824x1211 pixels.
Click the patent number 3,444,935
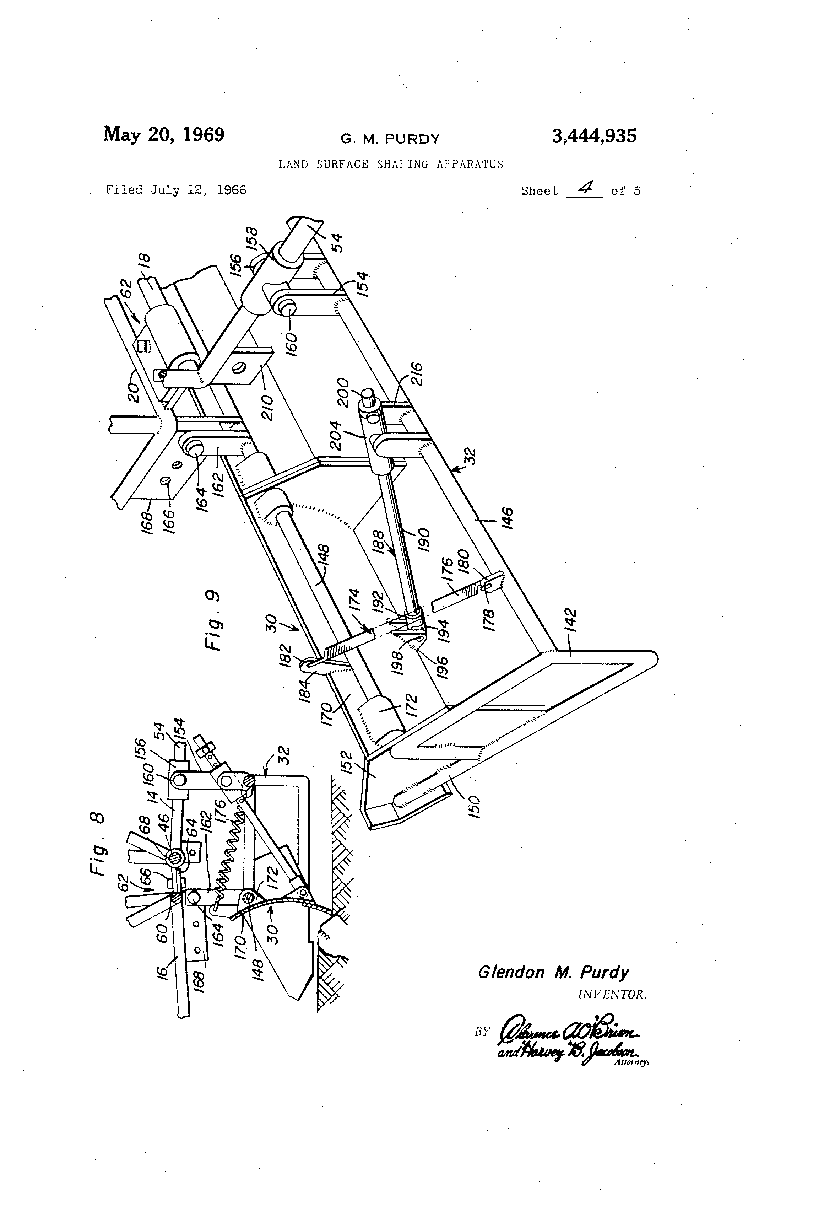point(594,136)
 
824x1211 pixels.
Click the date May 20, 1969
point(163,134)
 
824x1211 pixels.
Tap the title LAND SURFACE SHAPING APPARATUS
point(391,165)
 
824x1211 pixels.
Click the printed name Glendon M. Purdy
point(553,972)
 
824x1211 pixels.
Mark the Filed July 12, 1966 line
point(176,190)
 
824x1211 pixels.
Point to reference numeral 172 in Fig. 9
point(410,705)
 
